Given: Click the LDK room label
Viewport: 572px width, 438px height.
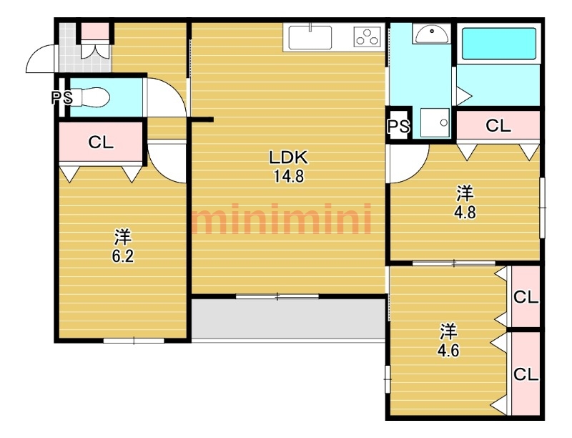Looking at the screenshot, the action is [289, 157].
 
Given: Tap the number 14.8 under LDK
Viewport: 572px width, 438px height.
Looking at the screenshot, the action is [289, 177].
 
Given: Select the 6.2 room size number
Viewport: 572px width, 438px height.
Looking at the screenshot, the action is [122, 257].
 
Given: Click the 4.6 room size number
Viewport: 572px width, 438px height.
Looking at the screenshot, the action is [448, 351].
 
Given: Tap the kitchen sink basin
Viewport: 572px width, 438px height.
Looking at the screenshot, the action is [310, 38].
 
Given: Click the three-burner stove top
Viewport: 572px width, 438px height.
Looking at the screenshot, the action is [367, 37].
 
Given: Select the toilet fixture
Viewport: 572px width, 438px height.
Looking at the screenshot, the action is [90, 97].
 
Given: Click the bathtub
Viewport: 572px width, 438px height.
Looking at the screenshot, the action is [498, 44].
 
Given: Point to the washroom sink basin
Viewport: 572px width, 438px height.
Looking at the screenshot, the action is [432, 34].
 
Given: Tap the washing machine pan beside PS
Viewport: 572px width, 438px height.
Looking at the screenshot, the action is [435, 122].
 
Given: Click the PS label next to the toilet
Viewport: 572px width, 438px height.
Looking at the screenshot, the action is [61, 98].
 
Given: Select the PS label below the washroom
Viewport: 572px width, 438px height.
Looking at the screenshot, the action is [399, 126].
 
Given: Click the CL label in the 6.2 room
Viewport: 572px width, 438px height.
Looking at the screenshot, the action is [101, 142].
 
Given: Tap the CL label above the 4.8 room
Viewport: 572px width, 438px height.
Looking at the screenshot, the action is [498, 126].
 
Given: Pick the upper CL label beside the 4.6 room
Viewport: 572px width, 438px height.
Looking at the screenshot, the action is [526, 298].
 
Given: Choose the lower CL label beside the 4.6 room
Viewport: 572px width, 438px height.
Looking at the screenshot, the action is [526, 374].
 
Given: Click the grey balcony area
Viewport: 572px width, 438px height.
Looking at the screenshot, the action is [288, 319].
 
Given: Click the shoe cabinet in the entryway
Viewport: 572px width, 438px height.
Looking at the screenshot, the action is [95, 40].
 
